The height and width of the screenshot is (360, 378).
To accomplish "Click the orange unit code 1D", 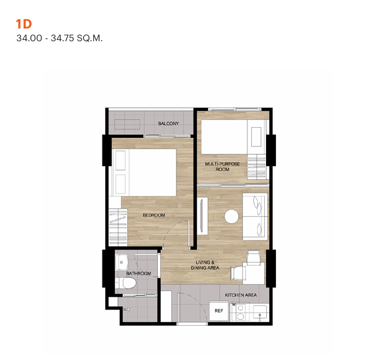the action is pos(24,24).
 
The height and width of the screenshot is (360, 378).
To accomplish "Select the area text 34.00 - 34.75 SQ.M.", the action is pos(59,38).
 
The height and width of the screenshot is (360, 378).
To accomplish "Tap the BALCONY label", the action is pos(168,123).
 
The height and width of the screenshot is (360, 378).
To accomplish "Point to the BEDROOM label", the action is pos(154,215).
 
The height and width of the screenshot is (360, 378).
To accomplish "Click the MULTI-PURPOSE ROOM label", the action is pos(222,166).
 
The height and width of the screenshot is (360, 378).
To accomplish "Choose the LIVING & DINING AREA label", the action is pos(205,265).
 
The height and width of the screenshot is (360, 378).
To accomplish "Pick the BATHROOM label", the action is pos(138,274).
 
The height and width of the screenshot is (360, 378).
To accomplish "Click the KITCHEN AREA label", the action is pos(241,295).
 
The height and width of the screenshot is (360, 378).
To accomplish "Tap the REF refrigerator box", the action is pos(218,311).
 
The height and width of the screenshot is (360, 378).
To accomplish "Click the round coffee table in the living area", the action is pos(231,217).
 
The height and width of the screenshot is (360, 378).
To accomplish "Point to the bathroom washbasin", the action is pos(122,262).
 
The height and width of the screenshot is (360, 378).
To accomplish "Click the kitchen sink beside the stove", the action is pos(260,312).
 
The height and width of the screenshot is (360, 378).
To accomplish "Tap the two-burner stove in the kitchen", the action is pos(241,312).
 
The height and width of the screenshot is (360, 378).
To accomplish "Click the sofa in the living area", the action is pos(255,217).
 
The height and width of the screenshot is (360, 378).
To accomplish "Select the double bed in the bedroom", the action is pos(144,172).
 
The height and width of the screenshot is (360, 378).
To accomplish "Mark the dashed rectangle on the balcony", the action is pos(127,124).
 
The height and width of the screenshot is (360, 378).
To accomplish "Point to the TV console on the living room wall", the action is pos(202,216).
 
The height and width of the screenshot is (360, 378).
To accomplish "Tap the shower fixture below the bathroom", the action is pos(126,309).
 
